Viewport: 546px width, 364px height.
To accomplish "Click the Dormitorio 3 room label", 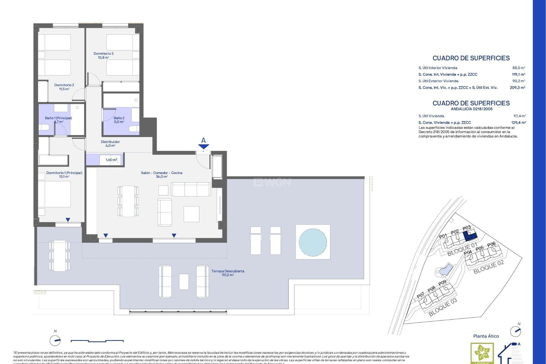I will tap(104, 55).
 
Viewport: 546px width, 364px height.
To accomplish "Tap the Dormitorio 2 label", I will tap(64, 87).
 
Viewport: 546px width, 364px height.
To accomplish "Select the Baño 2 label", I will tap(119, 120).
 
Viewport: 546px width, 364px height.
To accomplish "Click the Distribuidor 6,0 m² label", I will tap(110, 144).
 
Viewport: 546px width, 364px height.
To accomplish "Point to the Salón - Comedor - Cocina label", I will tap(162, 175).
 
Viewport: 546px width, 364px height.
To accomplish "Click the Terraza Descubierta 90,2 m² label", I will tap(228, 273).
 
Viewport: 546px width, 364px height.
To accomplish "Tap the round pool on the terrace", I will tap(313, 242).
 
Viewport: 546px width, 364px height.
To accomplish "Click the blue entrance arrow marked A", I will tap(204, 146).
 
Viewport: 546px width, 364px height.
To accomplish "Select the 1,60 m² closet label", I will tap(111, 160).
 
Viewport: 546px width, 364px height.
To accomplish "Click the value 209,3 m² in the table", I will tap(517, 88).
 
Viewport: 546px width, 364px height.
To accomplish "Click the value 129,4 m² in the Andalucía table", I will tap(518, 123).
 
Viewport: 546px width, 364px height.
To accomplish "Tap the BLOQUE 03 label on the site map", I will tap(443, 307).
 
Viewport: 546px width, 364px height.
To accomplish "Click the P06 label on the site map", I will tap(491, 244).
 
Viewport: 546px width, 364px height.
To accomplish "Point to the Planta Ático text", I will tap(486, 336).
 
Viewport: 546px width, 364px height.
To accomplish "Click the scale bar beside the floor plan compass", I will tap(97, 341).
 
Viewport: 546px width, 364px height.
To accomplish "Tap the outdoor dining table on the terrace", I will tap(59, 256).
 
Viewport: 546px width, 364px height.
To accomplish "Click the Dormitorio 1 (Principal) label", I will tap(64, 175).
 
